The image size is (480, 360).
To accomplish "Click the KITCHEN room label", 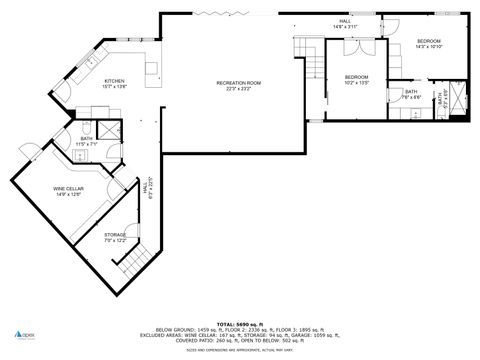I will click(115, 83).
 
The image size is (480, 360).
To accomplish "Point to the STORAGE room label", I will click(114, 237).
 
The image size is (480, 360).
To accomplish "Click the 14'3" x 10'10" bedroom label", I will click(429, 43).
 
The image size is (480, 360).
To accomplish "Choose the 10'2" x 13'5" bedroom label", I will click(357, 80).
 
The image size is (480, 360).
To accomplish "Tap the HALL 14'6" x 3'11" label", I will click(345, 24).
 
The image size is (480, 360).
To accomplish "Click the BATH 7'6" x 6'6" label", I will click(411, 94).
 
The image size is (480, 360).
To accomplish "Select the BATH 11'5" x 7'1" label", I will click(86, 141).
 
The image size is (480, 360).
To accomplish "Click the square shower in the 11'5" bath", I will click(108, 129).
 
